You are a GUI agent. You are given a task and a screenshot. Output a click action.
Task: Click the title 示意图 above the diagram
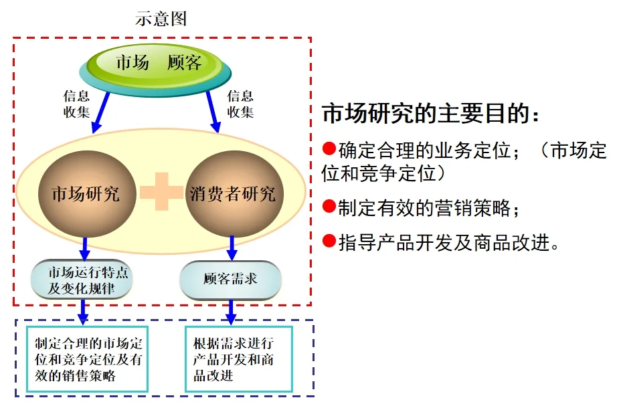(161, 19)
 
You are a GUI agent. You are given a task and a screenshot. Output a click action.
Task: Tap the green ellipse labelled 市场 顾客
(159, 64)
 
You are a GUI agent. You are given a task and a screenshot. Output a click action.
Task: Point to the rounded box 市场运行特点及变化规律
(82, 279)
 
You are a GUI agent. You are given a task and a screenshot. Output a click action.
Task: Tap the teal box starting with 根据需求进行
(239, 359)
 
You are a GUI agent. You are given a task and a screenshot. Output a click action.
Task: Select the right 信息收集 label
(240, 104)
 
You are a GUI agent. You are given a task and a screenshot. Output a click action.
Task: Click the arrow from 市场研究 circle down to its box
(84, 247)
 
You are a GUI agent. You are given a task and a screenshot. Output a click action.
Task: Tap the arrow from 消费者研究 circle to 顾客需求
(232, 247)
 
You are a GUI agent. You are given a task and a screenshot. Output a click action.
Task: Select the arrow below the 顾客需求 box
(231, 312)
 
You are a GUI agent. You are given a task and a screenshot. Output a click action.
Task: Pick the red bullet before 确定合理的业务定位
(329, 147)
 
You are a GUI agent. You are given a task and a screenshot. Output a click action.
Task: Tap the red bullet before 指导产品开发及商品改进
(329, 240)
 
